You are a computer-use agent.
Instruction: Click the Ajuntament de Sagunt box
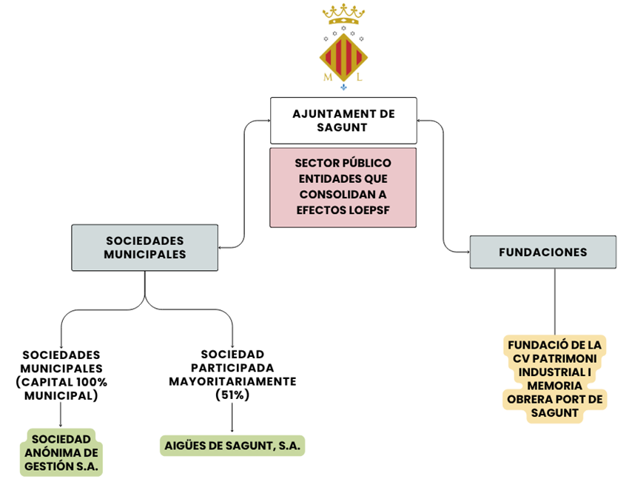click(x=343, y=120)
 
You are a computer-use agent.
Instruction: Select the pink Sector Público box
click(x=343, y=187)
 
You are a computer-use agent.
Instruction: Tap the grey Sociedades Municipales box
click(x=144, y=247)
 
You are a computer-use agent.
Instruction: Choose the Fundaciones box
click(x=542, y=252)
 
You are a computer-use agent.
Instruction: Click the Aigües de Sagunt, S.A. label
click(x=233, y=446)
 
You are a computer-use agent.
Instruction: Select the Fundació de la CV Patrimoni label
click(x=554, y=379)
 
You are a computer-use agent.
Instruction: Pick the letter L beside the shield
click(x=359, y=76)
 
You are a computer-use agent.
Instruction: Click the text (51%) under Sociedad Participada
click(x=232, y=395)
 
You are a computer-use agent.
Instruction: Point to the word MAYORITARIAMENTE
click(x=232, y=381)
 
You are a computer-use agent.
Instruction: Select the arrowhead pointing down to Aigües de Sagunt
click(x=232, y=431)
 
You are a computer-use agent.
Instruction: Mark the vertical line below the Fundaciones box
click(x=554, y=300)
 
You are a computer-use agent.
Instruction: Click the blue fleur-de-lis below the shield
click(x=343, y=88)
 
